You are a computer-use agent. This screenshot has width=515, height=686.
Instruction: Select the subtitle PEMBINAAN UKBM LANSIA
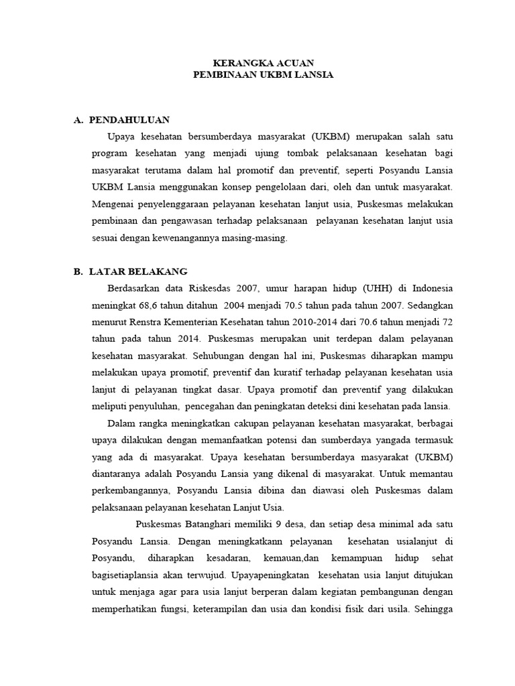[x=263, y=75]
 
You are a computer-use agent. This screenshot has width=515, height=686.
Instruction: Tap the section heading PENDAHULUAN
[x=129, y=120]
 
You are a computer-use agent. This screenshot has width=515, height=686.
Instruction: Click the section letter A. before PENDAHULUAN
[x=78, y=120]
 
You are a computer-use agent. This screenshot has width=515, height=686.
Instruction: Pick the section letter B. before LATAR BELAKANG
[x=78, y=271]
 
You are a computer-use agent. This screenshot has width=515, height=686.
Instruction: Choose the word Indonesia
[x=433, y=289]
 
